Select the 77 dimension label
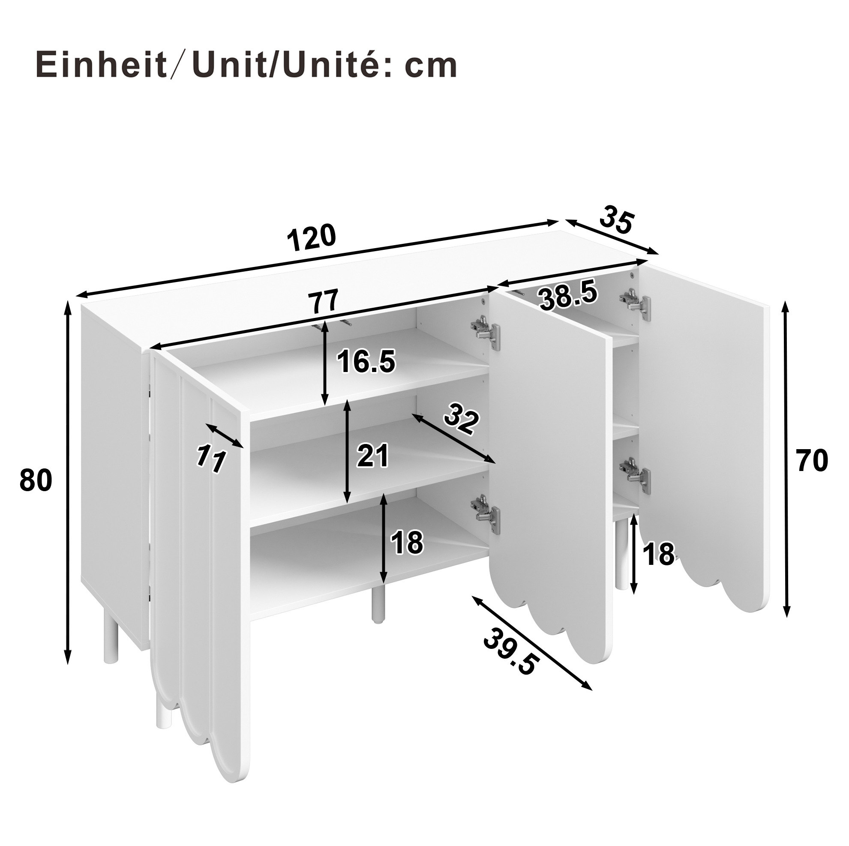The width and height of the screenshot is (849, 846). (324, 301)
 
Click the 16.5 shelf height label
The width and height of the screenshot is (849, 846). (366, 362)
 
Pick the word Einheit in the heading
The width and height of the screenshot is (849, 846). (101, 65)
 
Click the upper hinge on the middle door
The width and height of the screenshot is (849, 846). (486, 333)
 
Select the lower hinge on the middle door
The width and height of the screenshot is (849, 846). (486, 513)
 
